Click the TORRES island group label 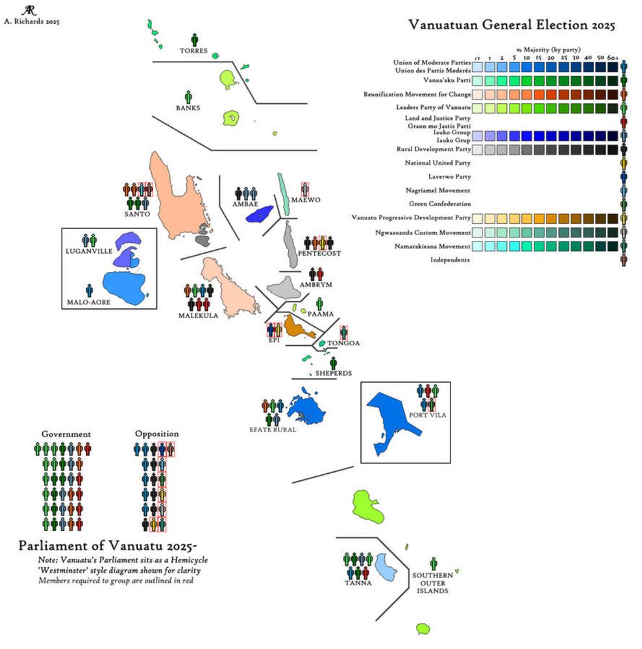194,51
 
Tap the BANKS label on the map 188,108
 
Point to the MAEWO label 306,199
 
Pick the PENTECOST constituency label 319,253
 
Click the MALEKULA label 198,315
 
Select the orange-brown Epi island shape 299,324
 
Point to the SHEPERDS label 334,373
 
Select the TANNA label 358,583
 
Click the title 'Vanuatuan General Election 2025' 512,25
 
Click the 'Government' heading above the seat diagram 66,434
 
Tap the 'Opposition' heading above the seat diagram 156,434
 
